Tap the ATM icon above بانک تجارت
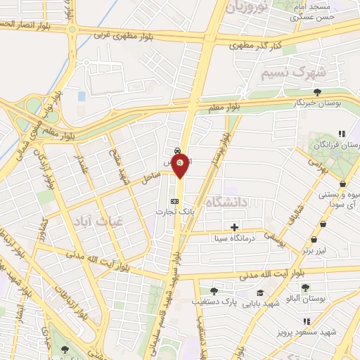[175, 200]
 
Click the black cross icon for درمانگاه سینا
[234, 227]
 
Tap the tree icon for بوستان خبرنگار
[319, 92]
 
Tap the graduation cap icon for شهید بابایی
[260, 292]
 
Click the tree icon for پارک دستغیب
[213, 291]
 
